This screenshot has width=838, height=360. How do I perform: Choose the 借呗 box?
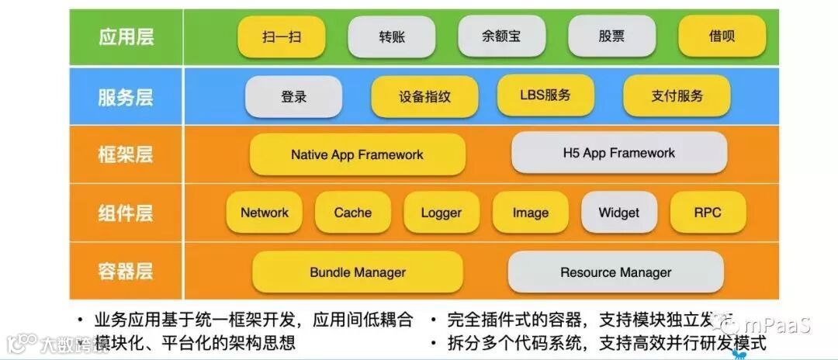[722, 36]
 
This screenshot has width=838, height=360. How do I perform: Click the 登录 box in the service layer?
[293, 97]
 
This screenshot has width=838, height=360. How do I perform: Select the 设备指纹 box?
[424, 97]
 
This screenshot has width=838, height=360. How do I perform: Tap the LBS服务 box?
[545, 95]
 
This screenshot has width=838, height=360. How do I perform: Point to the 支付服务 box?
[677, 96]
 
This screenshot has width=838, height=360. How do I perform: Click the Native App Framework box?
[357, 154]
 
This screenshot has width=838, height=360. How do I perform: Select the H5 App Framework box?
[618, 153]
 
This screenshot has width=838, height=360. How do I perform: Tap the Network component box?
[264, 213]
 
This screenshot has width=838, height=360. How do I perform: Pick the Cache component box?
[352, 213]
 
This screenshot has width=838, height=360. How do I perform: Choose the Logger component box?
[441, 213]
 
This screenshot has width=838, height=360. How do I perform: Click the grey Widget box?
[618, 213]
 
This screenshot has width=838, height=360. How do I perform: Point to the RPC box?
[707, 213]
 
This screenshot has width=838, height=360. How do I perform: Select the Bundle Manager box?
[357, 272]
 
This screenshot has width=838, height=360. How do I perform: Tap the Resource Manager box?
[615, 272]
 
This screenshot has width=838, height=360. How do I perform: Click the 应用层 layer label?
[126, 37]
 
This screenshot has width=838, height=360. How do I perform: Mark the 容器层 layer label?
[126, 272]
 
